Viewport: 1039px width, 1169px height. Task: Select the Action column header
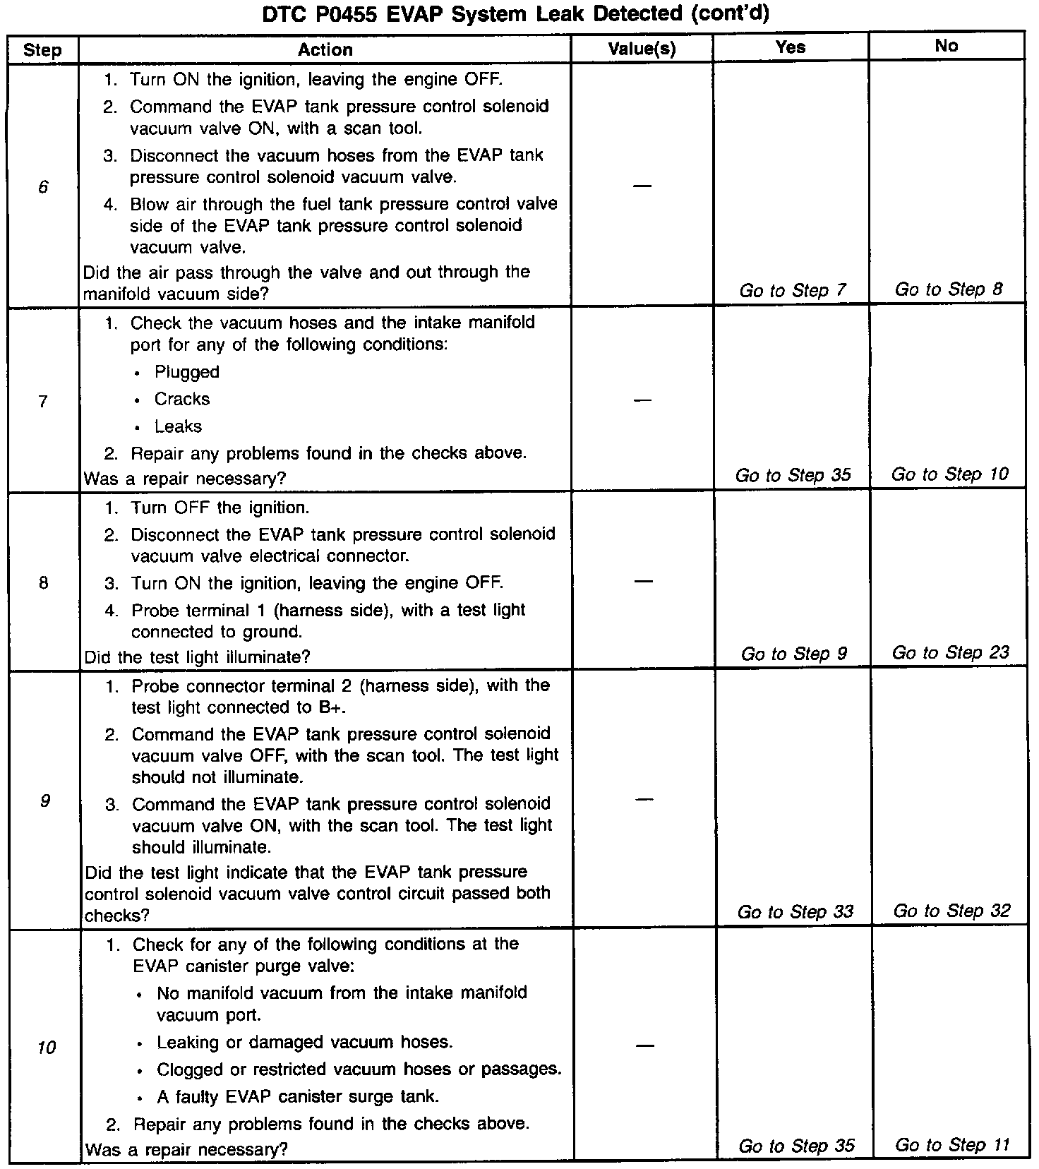tap(325, 49)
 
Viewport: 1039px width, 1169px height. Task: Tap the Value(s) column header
tap(642, 49)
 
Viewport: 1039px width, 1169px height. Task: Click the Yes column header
tap(790, 47)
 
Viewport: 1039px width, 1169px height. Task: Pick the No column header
tap(946, 47)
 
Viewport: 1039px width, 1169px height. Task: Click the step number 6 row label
tap(44, 187)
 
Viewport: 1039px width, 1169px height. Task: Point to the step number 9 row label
tap(44, 801)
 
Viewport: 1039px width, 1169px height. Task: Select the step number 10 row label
tap(46, 1048)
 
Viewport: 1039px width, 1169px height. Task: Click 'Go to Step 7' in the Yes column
tap(792, 291)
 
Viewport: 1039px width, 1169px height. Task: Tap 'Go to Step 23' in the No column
tap(950, 653)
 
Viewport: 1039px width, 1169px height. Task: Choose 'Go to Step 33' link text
tap(795, 912)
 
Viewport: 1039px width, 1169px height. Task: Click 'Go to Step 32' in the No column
tap(951, 911)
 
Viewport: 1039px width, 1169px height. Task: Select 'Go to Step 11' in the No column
tap(951, 1145)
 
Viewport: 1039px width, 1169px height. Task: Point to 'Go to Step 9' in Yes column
tap(793, 654)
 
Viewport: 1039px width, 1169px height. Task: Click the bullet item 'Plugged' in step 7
tap(187, 372)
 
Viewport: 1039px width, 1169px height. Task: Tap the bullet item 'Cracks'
tap(182, 400)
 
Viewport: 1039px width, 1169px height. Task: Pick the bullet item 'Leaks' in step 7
tap(178, 426)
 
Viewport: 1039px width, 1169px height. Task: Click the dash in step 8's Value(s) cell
tap(642, 582)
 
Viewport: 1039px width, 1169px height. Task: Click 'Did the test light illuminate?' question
tap(197, 657)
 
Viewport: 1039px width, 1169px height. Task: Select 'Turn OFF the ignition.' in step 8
tap(220, 508)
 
